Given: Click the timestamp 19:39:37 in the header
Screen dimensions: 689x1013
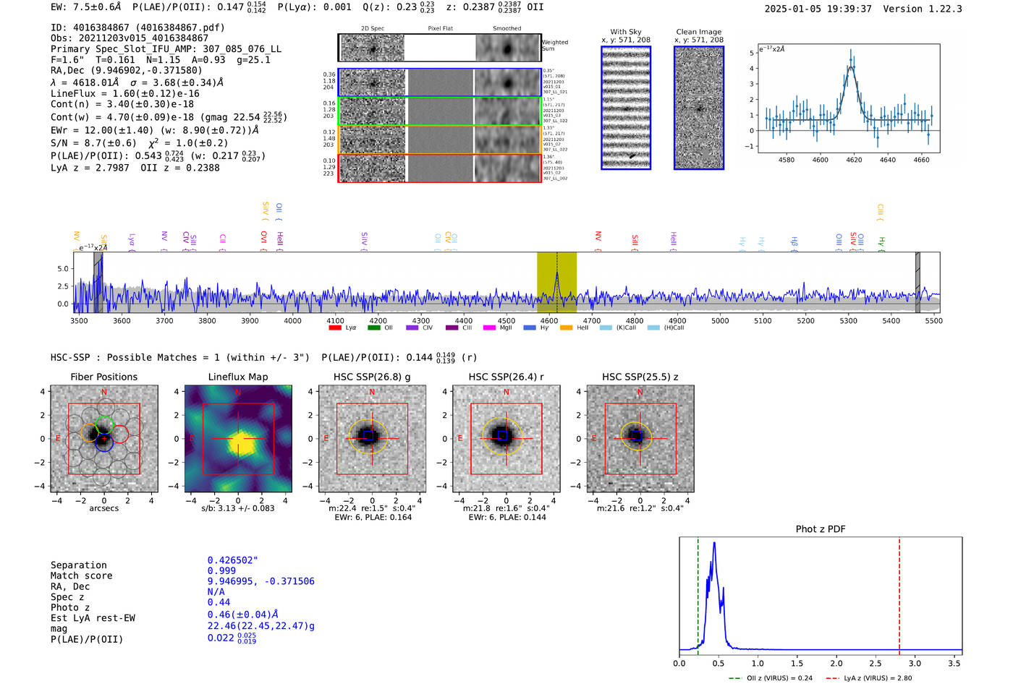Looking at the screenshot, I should click(848, 9).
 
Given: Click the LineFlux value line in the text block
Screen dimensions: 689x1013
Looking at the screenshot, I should click(124, 93).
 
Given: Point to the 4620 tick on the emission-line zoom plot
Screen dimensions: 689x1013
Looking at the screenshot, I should click(854, 160).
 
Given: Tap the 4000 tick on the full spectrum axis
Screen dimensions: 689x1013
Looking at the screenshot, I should click(292, 321).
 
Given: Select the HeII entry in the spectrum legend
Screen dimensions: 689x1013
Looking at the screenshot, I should click(577, 328).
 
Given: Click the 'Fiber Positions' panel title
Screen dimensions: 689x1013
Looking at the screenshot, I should click(103, 377).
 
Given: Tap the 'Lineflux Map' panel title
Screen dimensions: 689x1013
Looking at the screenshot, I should click(238, 377).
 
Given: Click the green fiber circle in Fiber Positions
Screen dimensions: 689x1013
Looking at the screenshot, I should click(104, 424).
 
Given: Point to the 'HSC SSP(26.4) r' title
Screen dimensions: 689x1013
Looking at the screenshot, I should click(506, 377).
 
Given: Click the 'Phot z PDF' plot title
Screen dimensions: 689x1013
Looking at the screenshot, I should click(821, 529).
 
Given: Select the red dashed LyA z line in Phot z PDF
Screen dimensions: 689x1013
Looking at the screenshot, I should click(899, 593).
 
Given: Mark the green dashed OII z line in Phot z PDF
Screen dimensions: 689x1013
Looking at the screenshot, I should click(698, 593).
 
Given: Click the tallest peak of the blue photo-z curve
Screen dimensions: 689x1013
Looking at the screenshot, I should click(714, 544).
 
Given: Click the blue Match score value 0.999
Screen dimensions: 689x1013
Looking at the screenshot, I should click(221, 571).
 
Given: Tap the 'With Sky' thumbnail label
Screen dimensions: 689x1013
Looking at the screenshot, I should click(625, 32).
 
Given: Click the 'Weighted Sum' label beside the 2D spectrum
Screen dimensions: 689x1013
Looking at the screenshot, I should click(555, 46).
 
